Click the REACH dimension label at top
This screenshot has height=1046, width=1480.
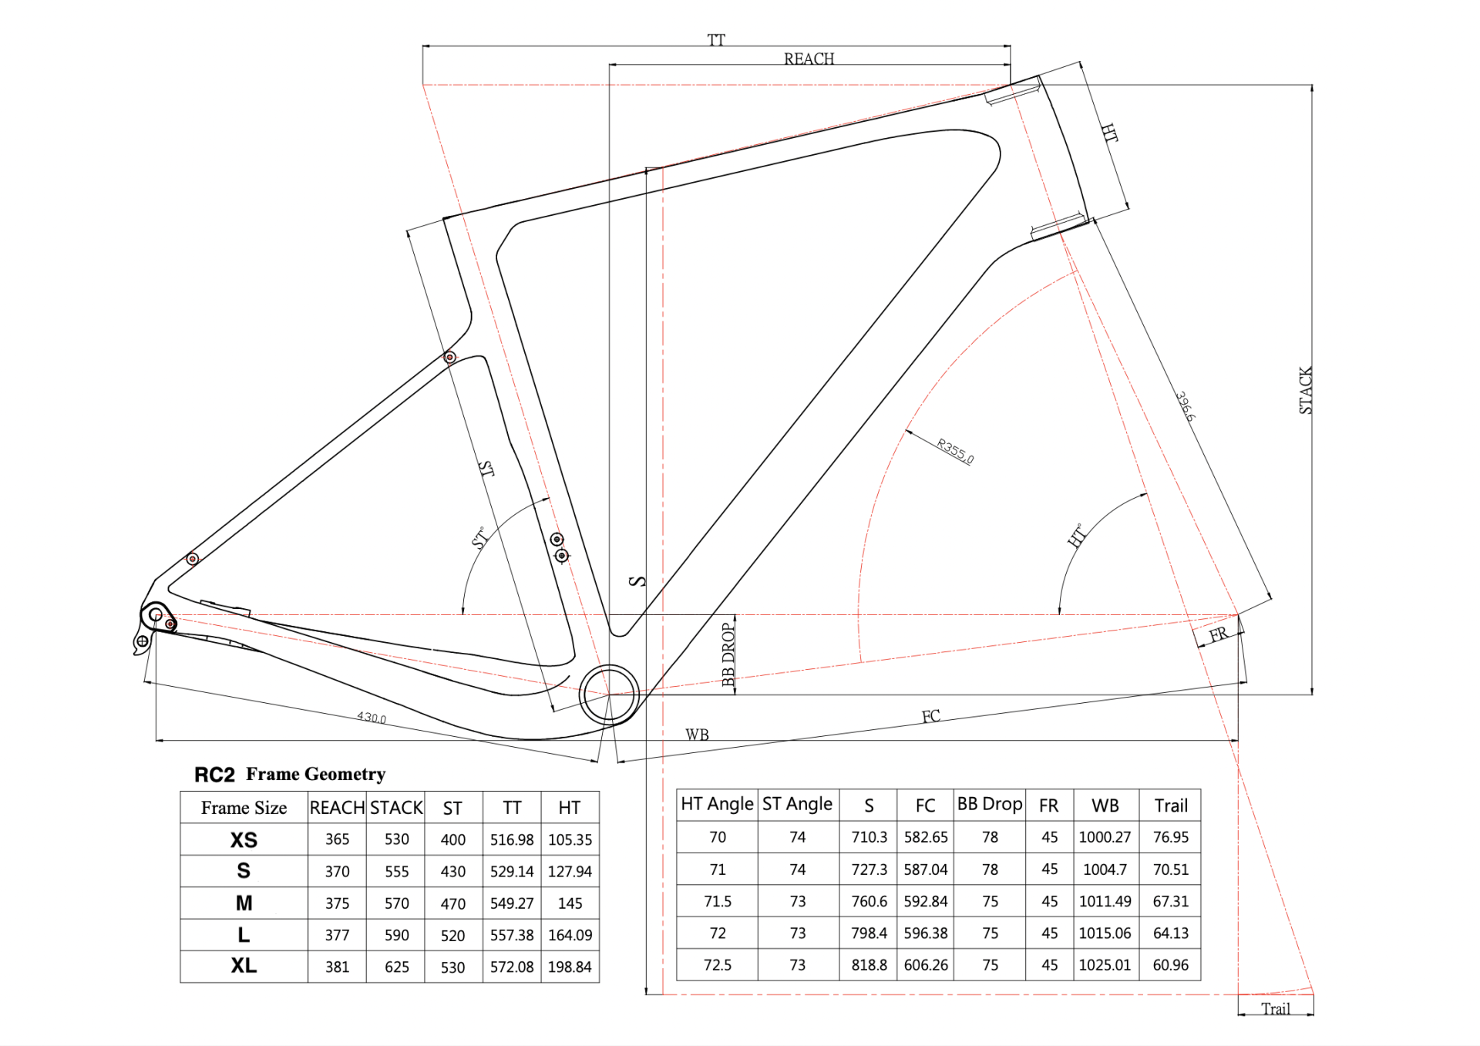pyautogui.click(x=809, y=59)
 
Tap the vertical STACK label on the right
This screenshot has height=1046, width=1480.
pyautogui.click(x=1305, y=390)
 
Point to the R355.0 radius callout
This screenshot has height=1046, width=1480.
pyautogui.click(x=955, y=451)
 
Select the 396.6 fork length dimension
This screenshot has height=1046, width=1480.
pyautogui.click(x=1186, y=406)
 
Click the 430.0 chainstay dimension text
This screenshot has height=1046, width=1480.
pyautogui.click(x=372, y=718)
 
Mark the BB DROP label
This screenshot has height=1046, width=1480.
pyautogui.click(x=728, y=654)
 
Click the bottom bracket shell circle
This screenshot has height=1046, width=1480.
pyautogui.click(x=609, y=695)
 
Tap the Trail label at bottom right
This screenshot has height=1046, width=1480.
pyautogui.click(x=1275, y=1009)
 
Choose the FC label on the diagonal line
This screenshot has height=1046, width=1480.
pyautogui.click(x=930, y=716)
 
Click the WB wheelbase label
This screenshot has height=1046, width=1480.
pyautogui.click(x=697, y=735)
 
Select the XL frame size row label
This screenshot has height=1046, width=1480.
pyautogui.click(x=244, y=966)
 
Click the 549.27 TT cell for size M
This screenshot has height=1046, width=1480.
pyautogui.click(x=512, y=903)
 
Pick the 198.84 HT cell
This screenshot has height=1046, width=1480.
pyautogui.click(x=570, y=967)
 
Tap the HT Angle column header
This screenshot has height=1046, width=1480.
pyautogui.click(x=717, y=804)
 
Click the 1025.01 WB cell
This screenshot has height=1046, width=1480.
pyautogui.click(x=1105, y=965)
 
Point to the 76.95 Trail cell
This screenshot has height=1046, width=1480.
pyautogui.click(x=1170, y=837)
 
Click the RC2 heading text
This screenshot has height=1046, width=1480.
pyautogui.click(x=214, y=775)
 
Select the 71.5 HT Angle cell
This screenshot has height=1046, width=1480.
pyautogui.click(x=717, y=901)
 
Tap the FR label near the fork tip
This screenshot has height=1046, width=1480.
pyautogui.click(x=1218, y=634)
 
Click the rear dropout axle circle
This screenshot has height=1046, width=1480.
pyautogui.click(x=156, y=615)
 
